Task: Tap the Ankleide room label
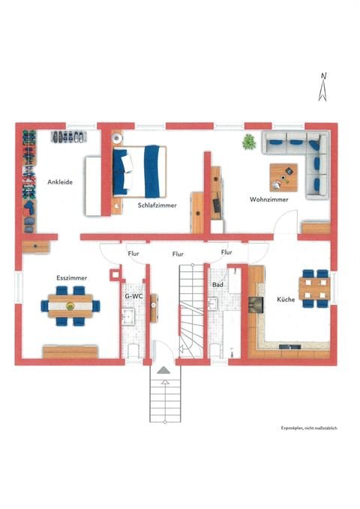(x=59, y=181)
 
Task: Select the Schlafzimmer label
(x=156, y=204)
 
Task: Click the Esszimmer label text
(x=71, y=278)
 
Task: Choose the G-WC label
(x=133, y=295)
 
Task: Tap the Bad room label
(x=218, y=286)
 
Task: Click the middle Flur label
(x=178, y=254)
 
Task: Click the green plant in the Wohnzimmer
(x=247, y=142)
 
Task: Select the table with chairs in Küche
(x=313, y=288)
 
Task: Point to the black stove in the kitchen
(x=256, y=302)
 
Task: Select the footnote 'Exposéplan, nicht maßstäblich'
(x=310, y=427)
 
